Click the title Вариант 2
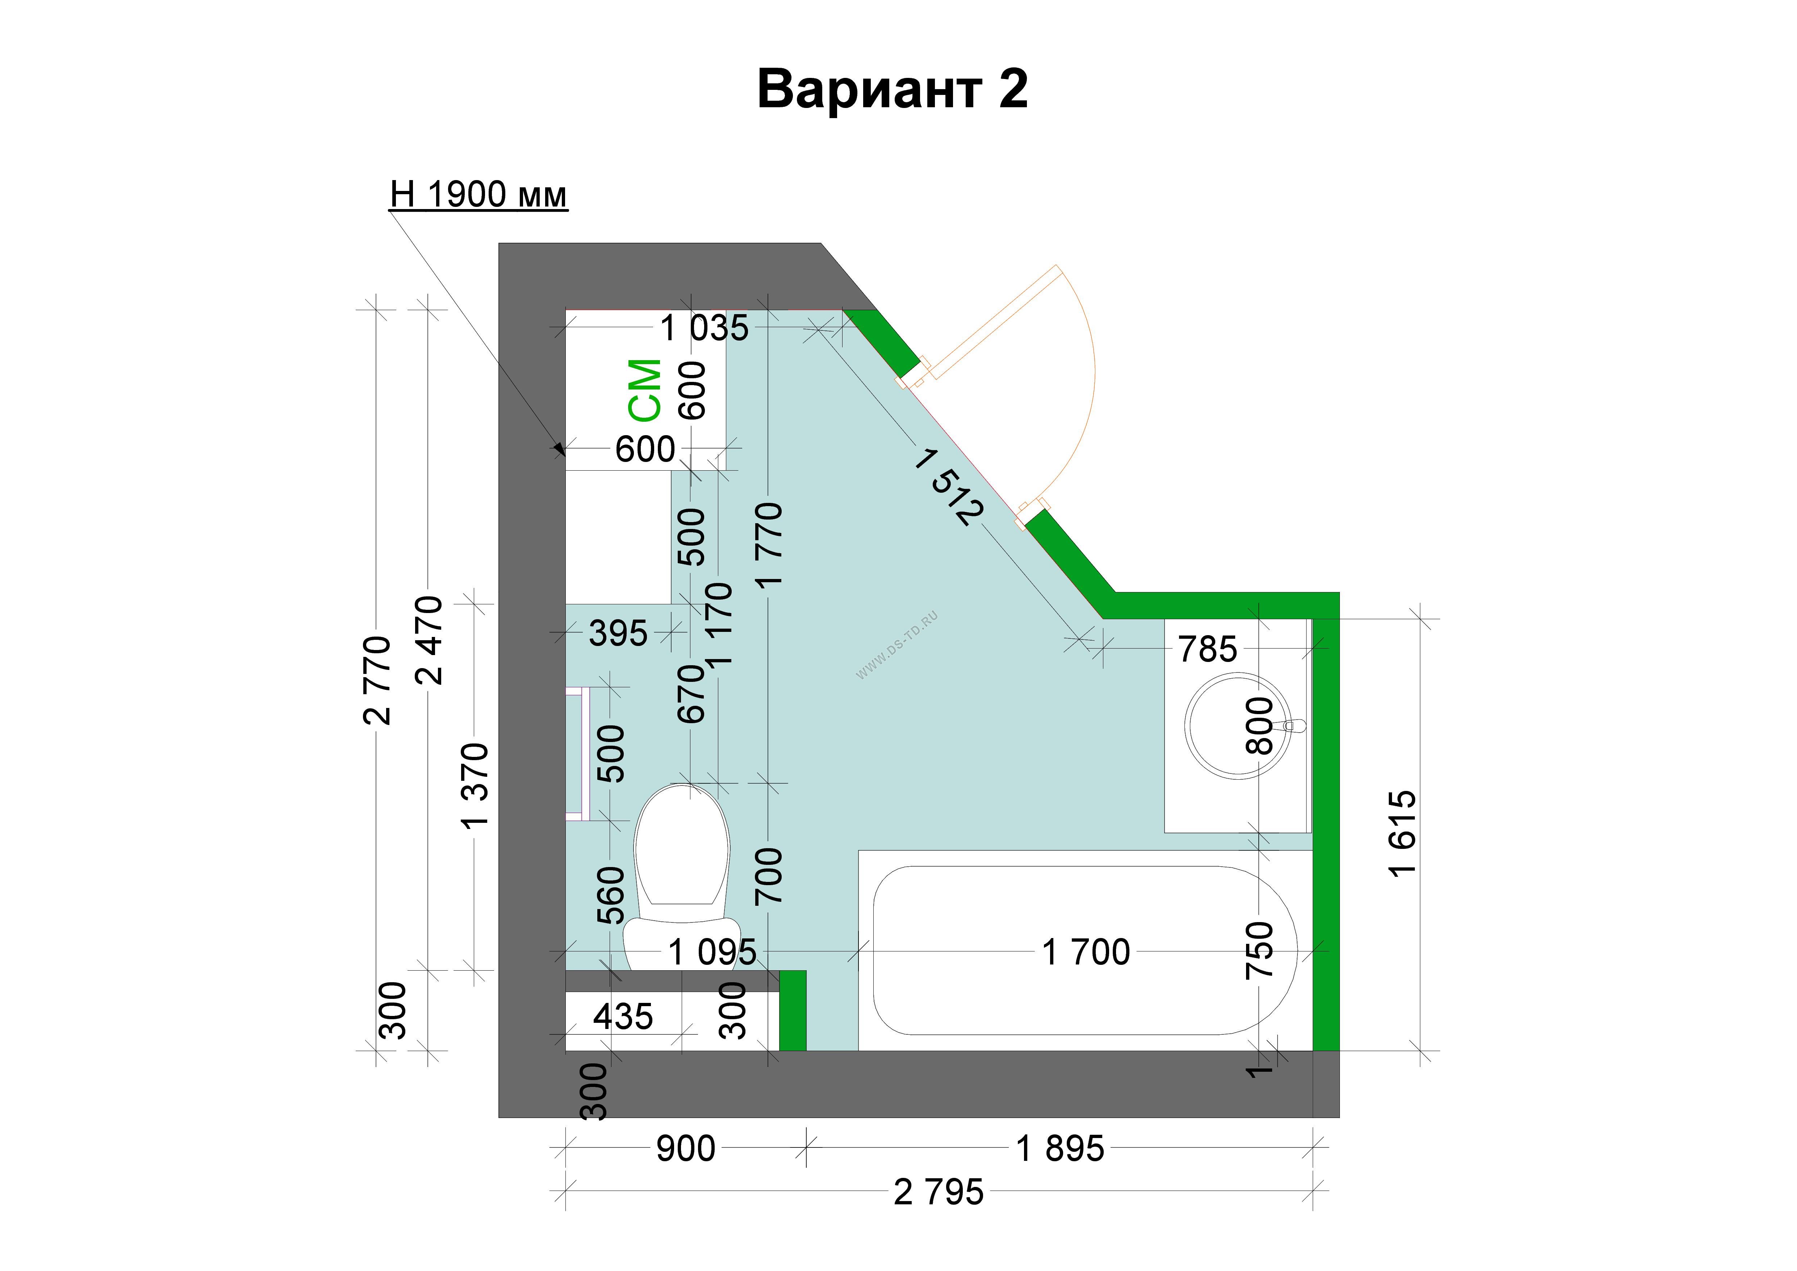[892, 89]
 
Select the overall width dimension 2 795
[939, 1193]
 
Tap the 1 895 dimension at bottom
[1060, 1149]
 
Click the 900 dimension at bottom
[686, 1149]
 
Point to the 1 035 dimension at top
[705, 328]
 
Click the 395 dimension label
[618, 633]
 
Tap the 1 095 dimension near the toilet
[712, 953]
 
